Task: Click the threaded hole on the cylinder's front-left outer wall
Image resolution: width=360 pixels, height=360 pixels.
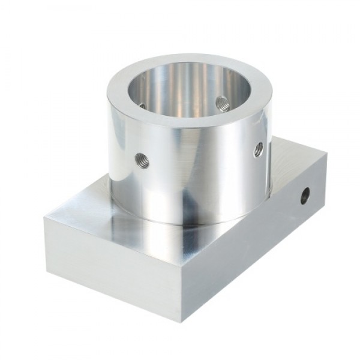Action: click(x=142, y=159)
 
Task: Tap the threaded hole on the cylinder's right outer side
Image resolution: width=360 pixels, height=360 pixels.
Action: click(x=259, y=149)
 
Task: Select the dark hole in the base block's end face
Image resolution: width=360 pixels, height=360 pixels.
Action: click(x=305, y=194)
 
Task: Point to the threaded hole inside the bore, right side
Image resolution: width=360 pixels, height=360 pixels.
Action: click(x=223, y=104)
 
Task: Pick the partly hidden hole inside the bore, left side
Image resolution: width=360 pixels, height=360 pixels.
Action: click(x=142, y=106)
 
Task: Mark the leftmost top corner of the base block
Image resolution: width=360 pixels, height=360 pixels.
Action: click(x=44, y=217)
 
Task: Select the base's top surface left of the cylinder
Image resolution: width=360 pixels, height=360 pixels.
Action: click(x=90, y=210)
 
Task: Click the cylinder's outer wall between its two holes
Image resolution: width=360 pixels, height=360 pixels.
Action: click(x=198, y=162)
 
